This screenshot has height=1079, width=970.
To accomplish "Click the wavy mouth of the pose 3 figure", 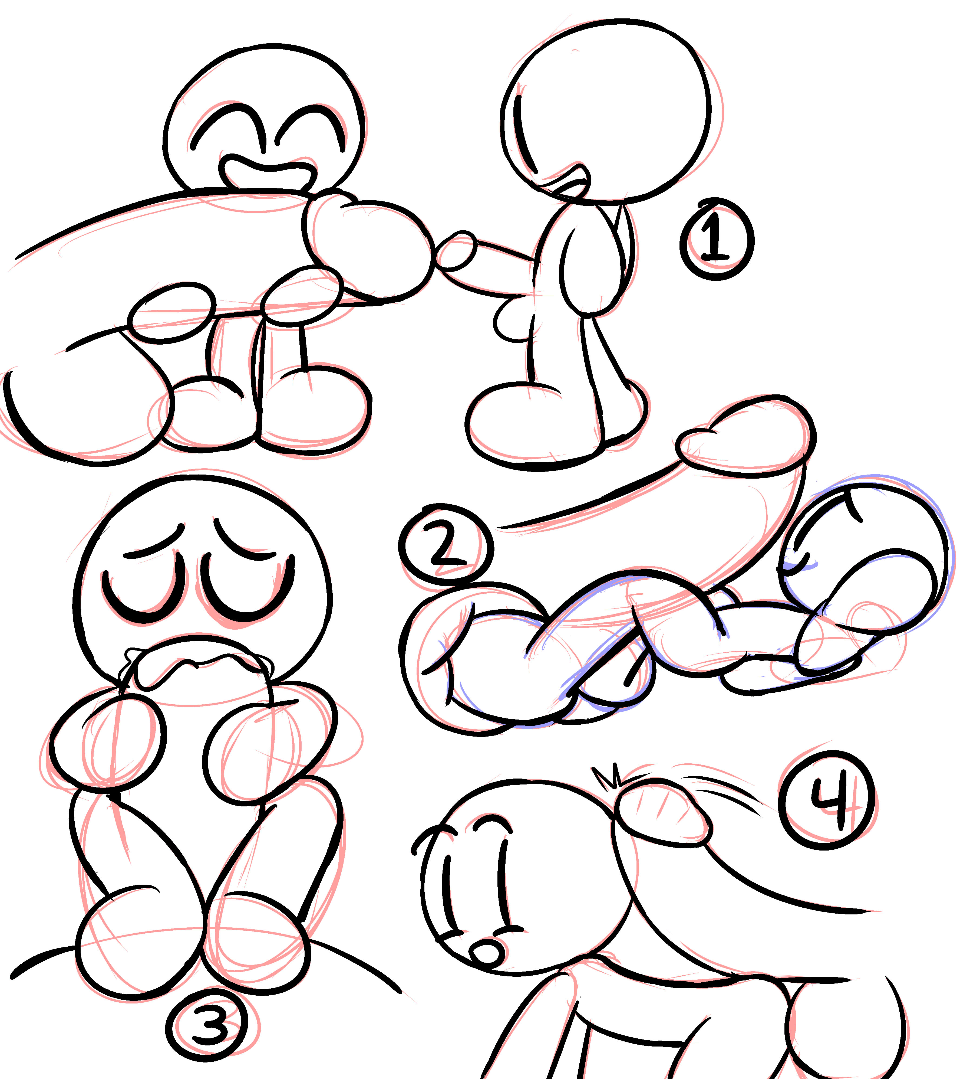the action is (197, 664).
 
